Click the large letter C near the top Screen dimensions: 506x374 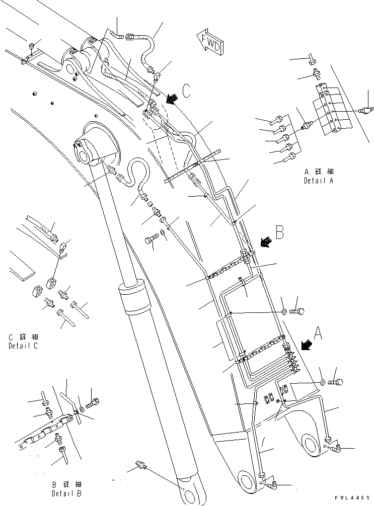tap(186, 91)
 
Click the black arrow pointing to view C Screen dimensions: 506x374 tap(172, 99)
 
